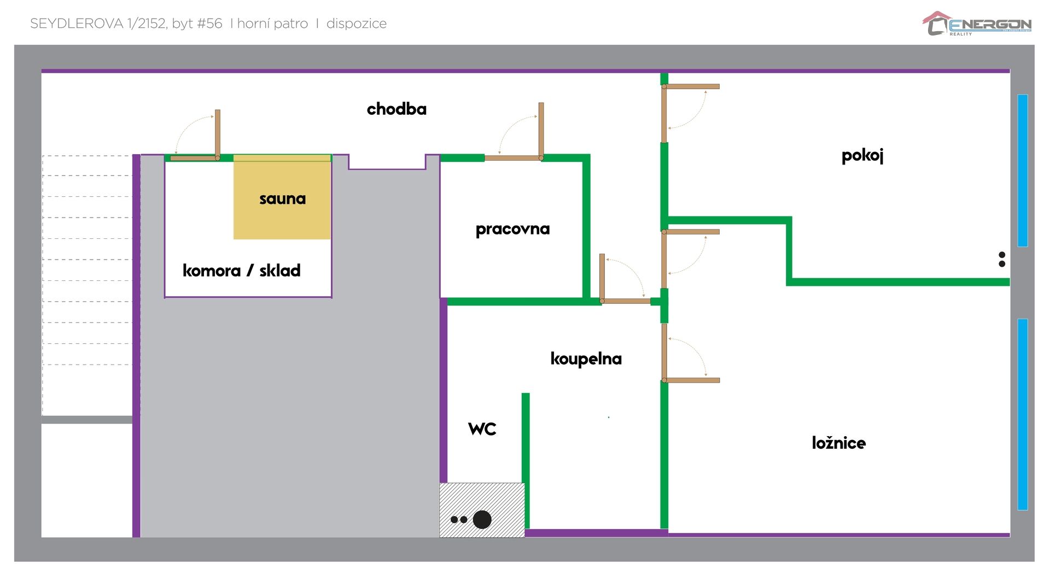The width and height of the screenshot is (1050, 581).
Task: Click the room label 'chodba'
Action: (396, 109)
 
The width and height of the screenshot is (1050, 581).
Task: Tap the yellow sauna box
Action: (282, 197)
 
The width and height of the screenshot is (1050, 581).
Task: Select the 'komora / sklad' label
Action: (241, 270)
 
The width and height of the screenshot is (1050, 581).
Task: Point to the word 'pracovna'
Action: (512, 229)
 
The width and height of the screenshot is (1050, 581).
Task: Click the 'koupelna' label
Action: (586, 359)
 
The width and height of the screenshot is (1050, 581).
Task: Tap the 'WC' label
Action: (482, 429)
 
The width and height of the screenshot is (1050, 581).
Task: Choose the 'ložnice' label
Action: (838, 442)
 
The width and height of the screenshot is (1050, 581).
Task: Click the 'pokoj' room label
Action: (862, 156)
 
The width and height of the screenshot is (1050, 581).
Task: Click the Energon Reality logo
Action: (977, 24)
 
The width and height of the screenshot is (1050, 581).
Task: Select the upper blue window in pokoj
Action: (1023, 171)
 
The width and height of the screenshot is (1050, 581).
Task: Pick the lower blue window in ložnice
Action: (1023, 414)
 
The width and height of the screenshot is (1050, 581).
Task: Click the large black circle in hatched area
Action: (482, 519)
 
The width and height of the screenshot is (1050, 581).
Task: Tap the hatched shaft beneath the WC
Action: (482, 510)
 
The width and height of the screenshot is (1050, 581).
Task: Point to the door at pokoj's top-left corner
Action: (691, 86)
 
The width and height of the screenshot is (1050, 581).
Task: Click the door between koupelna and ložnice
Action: (691, 380)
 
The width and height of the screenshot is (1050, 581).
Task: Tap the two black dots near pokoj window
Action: (1002, 259)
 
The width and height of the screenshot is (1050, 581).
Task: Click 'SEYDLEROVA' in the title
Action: (77, 24)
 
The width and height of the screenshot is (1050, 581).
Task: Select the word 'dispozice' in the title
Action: (357, 24)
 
